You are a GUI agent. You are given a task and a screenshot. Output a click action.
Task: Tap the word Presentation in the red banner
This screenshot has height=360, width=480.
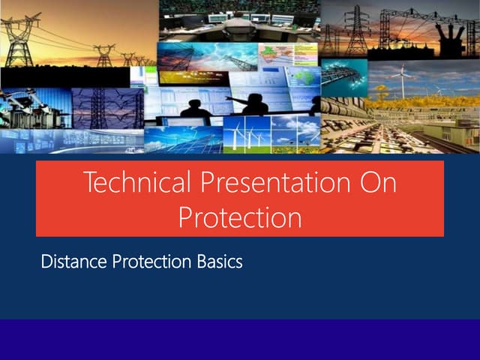[x=268, y=183]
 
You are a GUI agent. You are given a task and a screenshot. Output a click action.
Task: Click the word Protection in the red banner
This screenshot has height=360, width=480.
[x=240, y=217]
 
